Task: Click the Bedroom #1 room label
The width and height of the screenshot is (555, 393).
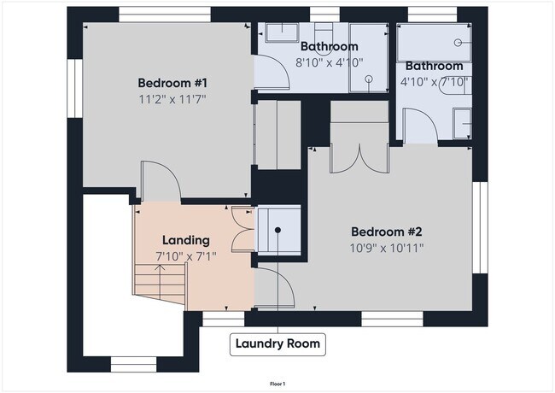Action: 173,83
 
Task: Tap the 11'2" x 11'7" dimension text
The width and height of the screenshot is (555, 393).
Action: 173,99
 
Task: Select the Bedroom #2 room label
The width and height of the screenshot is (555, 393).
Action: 387,232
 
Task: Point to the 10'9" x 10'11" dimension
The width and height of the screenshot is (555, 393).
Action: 387,248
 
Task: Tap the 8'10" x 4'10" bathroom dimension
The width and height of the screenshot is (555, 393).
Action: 330,62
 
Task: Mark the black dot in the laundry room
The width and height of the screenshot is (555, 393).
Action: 277,230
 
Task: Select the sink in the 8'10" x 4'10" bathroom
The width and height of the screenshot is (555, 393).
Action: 280,34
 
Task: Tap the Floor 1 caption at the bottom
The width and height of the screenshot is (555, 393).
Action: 277,384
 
